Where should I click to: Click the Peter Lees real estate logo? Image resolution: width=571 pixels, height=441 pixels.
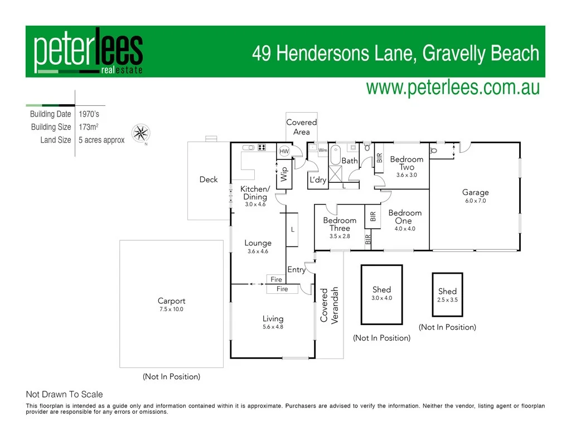[x=89, y=52]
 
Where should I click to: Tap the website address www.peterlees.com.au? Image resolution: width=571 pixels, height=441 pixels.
[x=452, y=88]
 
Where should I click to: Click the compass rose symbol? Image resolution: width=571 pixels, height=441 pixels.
[x=141, y=133]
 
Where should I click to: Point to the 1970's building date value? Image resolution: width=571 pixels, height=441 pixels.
[x=89, y=114]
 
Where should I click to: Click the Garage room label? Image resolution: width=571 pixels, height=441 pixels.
[x=475, y=192]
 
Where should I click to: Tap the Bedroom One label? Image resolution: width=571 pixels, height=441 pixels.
[x=405, y=217]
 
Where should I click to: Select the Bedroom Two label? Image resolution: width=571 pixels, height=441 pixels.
[x=407, y=163]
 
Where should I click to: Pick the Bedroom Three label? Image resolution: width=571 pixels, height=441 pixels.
[x=340, y=224]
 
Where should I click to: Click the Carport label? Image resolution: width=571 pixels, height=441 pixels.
[x=171, y=301]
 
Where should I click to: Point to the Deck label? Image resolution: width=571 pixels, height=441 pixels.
[x=209, y=180]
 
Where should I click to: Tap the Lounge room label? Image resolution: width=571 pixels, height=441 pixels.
[x=258, y=243]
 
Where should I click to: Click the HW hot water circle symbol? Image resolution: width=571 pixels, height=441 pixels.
[x=284, y=151]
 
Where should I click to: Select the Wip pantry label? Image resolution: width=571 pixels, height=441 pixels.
[x=284, y=173]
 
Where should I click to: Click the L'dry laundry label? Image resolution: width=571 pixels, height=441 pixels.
[x=318, y=180]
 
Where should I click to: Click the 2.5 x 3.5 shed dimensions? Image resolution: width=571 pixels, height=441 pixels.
[x=447, y=300]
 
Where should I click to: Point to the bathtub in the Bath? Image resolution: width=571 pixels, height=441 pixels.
[x=335, y=154]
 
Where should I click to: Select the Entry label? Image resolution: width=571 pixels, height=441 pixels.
[x=296, y=270]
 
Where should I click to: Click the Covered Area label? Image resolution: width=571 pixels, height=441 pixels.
[x=301, y=127]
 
